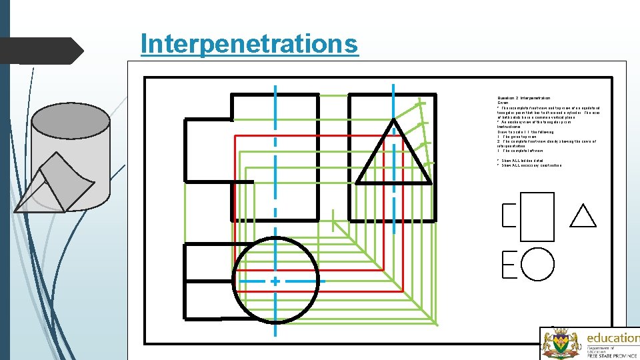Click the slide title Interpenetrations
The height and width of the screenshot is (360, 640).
(249, 44)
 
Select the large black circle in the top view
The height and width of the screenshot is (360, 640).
(275, 280)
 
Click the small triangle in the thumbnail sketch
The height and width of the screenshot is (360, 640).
(583, 216)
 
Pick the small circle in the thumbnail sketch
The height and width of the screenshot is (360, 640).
(537, 263)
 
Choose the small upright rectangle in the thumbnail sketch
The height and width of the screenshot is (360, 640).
(537, 215)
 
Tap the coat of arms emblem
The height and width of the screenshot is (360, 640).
(559, 344)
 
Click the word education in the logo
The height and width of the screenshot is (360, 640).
(612, 337)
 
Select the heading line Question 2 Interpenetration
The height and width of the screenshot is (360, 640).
(523, 98)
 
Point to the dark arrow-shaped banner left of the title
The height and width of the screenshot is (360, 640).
(40, 51)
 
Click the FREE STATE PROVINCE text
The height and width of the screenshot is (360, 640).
(612, 355)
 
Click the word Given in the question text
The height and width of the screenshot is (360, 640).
(503, 103)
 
